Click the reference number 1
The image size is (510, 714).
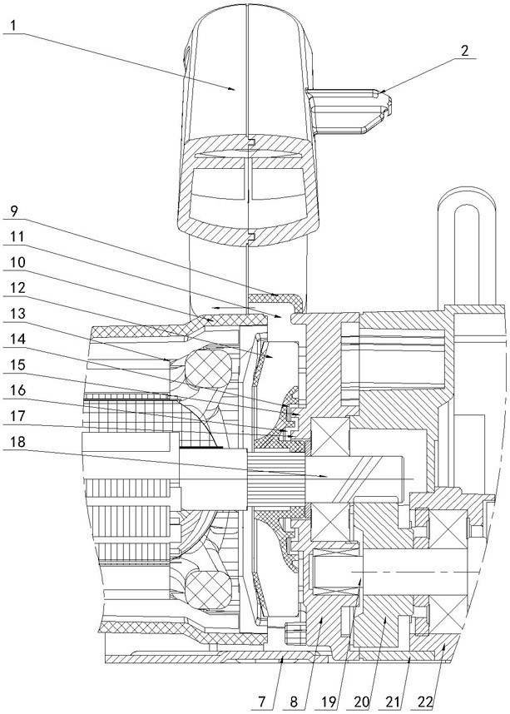(13, 26)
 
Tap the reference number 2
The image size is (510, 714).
(464, 51)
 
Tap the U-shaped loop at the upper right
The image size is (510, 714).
(465, 245)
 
